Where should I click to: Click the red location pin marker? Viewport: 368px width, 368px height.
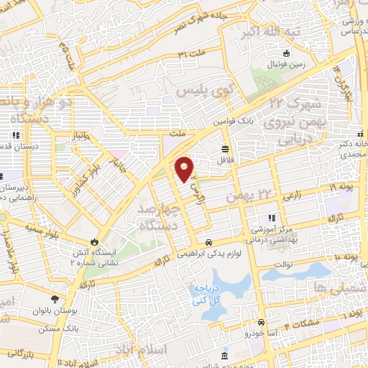185,169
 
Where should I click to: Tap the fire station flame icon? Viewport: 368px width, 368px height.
93,242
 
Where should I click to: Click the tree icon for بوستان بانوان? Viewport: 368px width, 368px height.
55,298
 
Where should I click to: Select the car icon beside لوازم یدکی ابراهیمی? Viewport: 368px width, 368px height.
208,243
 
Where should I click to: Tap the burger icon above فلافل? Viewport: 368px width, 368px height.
226,149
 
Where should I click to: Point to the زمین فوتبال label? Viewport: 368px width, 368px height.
286,64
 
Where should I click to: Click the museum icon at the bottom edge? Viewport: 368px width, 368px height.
225,356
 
